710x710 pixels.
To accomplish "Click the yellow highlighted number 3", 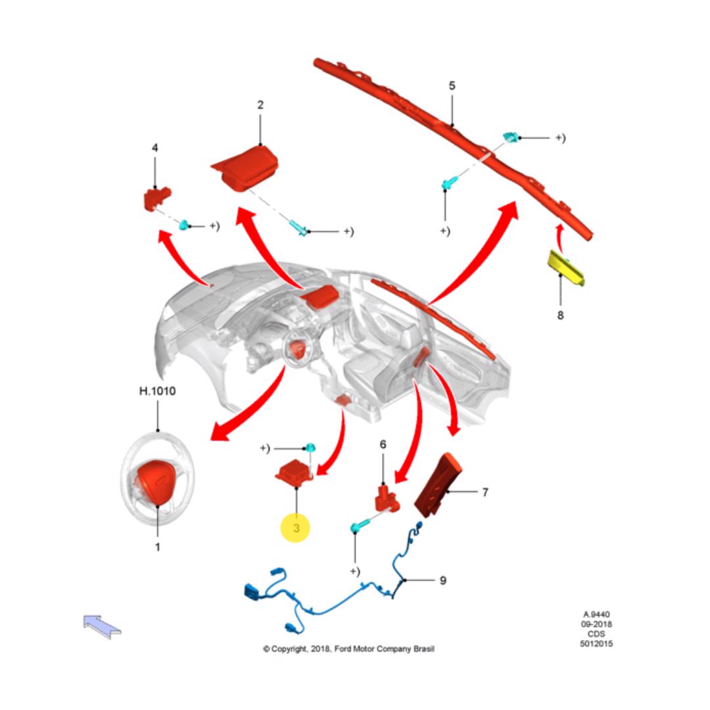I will [296, 528].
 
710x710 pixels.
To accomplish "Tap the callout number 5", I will [452, 86].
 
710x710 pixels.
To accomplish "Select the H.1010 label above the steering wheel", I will [157, 391].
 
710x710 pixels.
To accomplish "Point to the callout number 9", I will [442, 580].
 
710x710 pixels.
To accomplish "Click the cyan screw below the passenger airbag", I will [298, 229].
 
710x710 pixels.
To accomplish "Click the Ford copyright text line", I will [348, 649].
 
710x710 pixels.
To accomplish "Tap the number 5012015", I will [596, 644].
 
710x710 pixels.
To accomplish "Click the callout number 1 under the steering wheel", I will [157, 546].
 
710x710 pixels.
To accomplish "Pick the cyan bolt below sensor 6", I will [358, 527].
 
